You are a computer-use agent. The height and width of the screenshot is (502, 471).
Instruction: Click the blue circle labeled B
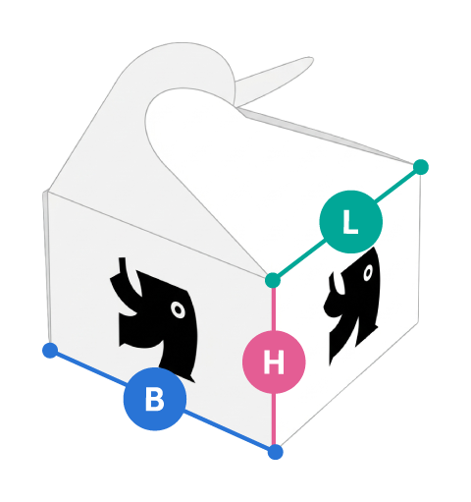[155, 399]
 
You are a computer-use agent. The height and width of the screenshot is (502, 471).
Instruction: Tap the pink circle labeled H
[274, 362]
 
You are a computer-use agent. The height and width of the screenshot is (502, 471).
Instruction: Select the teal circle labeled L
[350, 222]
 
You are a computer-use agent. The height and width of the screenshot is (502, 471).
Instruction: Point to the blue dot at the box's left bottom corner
[50, 351]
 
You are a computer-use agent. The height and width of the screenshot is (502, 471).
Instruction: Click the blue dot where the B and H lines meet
[275, 452]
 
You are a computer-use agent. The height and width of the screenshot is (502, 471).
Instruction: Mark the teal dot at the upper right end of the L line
[421, 167]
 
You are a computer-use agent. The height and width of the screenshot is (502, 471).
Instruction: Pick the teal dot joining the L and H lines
[273, 280]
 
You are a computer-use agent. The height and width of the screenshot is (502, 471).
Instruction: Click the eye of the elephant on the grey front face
[179, 309]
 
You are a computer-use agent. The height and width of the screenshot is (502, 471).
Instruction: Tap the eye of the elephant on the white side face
[368, 272]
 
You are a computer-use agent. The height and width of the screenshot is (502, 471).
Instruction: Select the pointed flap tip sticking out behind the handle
[307, 61]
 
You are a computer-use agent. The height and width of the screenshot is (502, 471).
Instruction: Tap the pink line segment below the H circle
[274, 418]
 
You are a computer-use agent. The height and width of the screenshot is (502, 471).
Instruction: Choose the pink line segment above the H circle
[274, 309]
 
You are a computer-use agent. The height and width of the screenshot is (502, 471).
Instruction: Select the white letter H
[274, 363]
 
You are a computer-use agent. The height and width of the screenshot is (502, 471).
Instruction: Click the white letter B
[155, 399]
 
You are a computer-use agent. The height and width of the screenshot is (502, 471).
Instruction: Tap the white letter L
[350, 222]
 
